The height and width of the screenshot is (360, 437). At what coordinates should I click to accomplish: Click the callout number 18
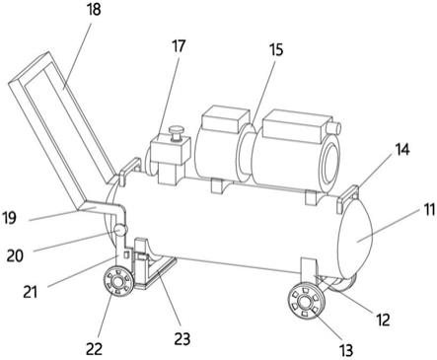point(94,10)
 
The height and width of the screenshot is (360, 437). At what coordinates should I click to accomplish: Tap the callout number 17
point(179,46)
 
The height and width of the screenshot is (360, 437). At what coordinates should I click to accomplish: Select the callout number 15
point(276,50)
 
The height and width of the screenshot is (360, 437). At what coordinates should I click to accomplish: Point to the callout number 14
point(402,149)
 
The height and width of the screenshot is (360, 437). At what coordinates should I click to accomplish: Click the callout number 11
point(428,210)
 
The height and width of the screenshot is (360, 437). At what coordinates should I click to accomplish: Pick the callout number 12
point(383,320)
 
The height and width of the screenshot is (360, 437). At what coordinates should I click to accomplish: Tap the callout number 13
point(346,350)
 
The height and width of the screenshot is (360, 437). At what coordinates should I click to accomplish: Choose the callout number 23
point(182,338)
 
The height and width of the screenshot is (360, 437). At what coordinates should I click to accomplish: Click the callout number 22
point(95,349)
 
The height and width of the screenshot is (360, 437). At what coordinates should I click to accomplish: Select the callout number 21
point(30,292)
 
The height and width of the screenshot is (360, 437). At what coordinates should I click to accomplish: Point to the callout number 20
point(15,255)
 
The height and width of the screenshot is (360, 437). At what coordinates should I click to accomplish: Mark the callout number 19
point(9,218)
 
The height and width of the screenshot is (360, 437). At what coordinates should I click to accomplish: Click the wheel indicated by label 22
point(117,281)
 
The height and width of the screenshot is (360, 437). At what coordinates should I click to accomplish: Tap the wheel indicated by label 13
point(307,303)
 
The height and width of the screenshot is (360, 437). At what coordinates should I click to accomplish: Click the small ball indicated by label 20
point(119,229)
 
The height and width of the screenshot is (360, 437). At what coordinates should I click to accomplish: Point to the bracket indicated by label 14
point(348,196)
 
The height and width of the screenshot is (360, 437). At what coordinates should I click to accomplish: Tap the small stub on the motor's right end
point(334,127)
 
